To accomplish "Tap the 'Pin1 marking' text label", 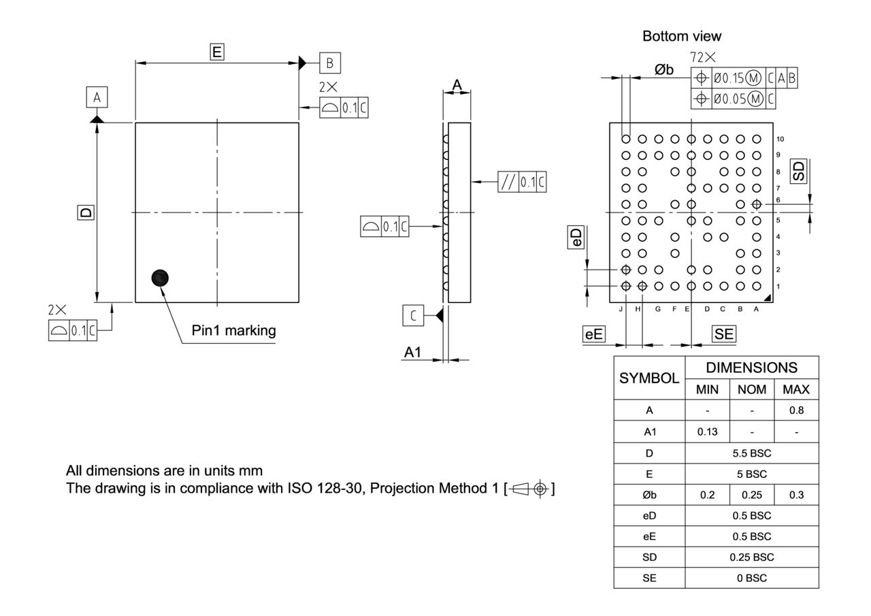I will tap(233, 331).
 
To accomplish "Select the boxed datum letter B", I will tap(330, 63).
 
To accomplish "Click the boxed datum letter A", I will tap(97, 98).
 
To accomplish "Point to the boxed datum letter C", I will tap(413, 315).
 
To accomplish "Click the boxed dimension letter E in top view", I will tap(217, 52).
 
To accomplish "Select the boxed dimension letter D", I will tap(86, 212).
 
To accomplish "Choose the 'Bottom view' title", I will tap(682, 36).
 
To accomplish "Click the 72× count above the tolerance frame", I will tap(703, 58).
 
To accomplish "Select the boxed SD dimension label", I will tap(799, 171).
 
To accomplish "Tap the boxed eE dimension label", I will tap(594, 334).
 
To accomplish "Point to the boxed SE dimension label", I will tap(723, 334).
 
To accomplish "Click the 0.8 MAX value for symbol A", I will tap(796, 410).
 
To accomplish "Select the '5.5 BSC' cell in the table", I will tap(751, 453).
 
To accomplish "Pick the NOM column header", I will tap(751, 389).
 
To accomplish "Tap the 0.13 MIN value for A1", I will tap(707, 432).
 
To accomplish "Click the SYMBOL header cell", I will tap(649, 378).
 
